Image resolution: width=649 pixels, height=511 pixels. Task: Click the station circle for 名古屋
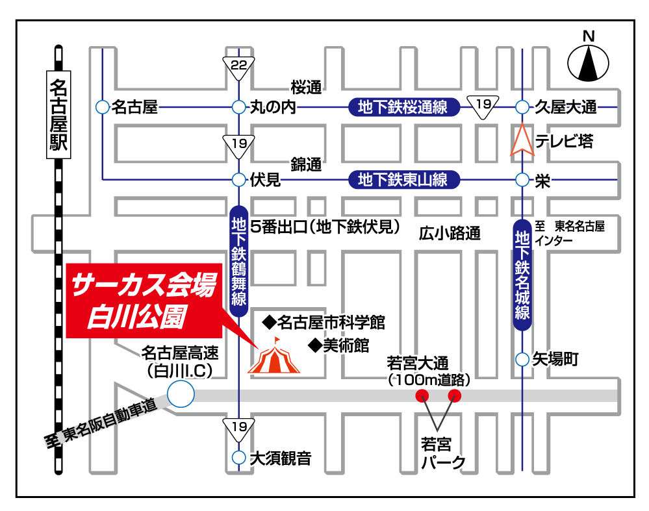[x=102, y=107]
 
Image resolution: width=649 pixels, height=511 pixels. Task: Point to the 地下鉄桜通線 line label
[x=403, y=107]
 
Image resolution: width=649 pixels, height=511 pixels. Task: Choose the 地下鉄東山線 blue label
[x=403, y=179]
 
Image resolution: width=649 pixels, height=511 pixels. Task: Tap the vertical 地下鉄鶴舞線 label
[x=238, y=260]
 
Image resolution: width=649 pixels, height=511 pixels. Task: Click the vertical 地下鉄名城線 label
[x=523, y=275]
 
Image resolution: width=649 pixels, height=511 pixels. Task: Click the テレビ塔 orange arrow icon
[x=522, y=140]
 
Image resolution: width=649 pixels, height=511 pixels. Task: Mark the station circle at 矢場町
[x=523, y=359]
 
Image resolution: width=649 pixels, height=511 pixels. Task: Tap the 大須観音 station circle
[x=238, y=458]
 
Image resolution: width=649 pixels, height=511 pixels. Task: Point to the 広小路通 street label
[x=449, y=233]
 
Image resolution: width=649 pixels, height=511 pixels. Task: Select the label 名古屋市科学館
[x=324, y=321]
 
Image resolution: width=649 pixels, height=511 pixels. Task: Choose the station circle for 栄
[x=523, y=180]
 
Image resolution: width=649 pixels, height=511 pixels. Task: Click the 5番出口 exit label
[x=324, y=227]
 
